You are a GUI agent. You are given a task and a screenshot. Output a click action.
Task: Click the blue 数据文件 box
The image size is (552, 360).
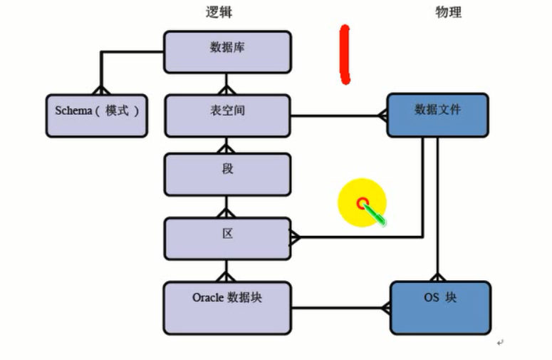(x=437, y=115)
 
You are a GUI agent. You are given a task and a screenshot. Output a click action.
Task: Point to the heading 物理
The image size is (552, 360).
(x=448, y=12)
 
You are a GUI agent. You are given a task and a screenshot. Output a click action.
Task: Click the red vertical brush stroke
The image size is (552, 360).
(x=345, y=54)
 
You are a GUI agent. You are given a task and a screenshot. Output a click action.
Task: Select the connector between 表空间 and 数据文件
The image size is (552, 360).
(x=335, y=115)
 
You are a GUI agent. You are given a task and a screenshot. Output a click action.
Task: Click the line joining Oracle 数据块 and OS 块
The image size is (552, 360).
(x=338, y=308)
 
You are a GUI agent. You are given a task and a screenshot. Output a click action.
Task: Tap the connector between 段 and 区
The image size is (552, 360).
(x=226, y=207)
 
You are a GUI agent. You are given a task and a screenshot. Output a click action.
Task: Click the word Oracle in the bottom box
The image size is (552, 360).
(x=207, y=297)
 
